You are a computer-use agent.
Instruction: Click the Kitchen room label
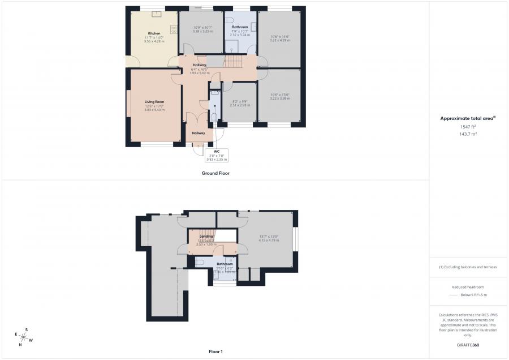(154, 33)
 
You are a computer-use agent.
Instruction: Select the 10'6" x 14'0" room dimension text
(281, 38)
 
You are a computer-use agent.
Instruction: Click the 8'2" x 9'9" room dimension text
(240, 102)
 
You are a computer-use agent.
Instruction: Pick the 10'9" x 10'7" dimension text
(202, 29)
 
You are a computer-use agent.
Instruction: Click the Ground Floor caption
(215, 173)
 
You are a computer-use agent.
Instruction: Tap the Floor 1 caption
(215, 352)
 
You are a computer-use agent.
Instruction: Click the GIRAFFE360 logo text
(468, 345)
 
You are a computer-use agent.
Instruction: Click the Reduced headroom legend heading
(468, 287)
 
